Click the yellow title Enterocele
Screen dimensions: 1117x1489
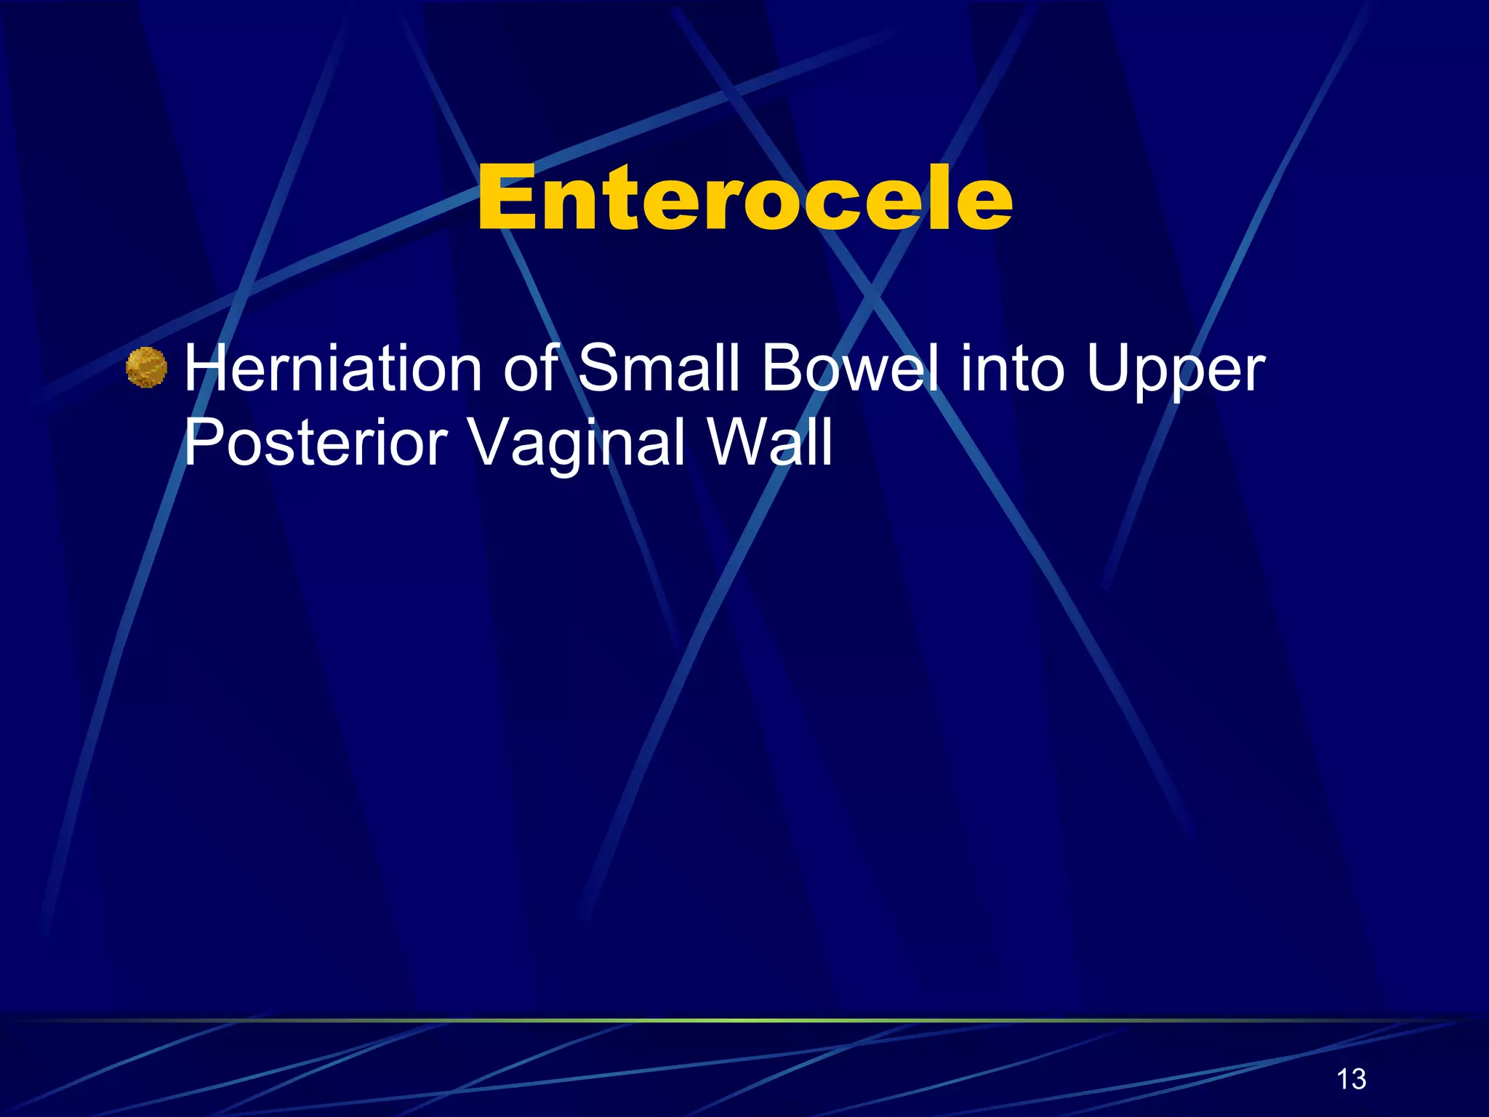coord(744,198)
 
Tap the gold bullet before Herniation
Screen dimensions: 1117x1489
coord(146,368)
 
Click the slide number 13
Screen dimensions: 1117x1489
coord(1352,1079)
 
